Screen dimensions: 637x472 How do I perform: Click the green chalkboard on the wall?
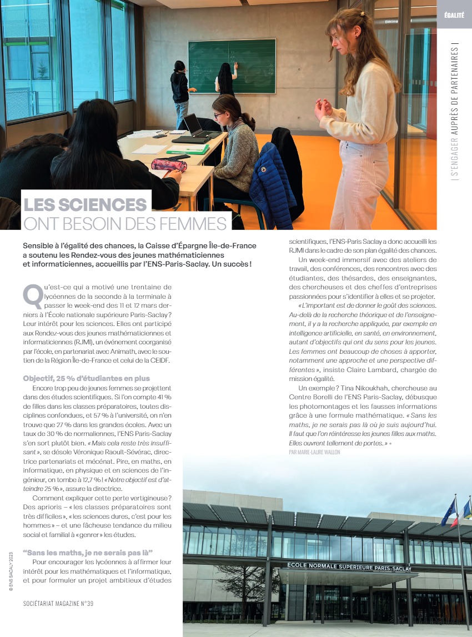tap(232, 66)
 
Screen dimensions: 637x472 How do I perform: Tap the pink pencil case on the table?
tap(169, 164)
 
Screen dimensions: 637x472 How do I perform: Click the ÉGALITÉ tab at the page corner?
tap(454, 16)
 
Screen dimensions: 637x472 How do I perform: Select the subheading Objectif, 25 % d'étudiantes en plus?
tap(87, 378)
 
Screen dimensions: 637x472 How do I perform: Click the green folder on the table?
tap(188, 149)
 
